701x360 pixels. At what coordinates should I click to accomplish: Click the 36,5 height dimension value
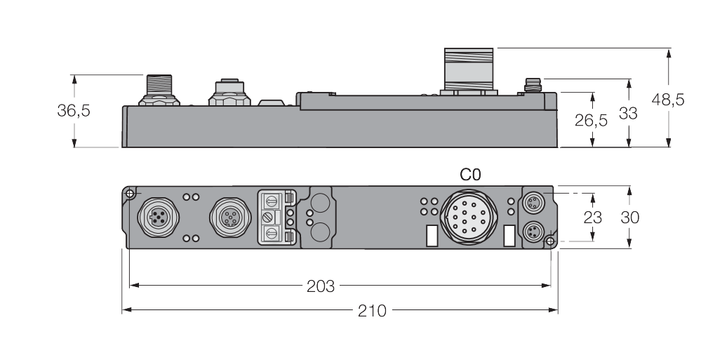[x=74, y=111]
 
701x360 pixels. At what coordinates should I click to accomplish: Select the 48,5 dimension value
[x=668, y=100]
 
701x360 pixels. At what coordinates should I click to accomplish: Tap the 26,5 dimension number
[x=591, y=120]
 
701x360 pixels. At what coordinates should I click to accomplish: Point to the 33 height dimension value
[x=629, y=112]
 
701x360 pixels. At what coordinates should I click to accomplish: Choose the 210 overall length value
[x=372, y=310]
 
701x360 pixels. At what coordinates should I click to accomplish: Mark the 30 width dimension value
[x=630, y=218]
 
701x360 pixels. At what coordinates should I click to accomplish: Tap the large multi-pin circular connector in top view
[x=469, y=218]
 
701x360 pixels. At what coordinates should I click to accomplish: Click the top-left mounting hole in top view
[x=130, y=193]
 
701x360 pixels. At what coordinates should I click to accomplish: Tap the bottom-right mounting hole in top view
[x=550, y=241]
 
